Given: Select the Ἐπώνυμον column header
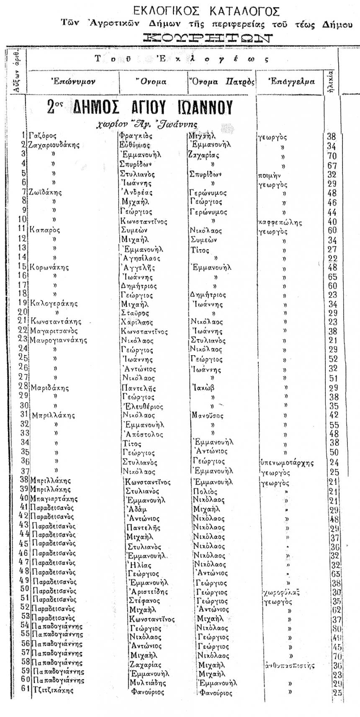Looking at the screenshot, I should tap(71, 82).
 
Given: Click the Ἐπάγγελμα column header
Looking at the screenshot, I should tap(291, 82).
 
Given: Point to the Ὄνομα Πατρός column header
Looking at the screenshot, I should tap(221, 82).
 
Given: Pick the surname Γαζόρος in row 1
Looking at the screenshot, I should tap(42, 136).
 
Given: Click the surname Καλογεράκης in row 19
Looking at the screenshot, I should tap(54, 303).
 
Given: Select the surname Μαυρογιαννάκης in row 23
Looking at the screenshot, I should tap(59, 340).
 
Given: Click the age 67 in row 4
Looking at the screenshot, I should tap(332, 165).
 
